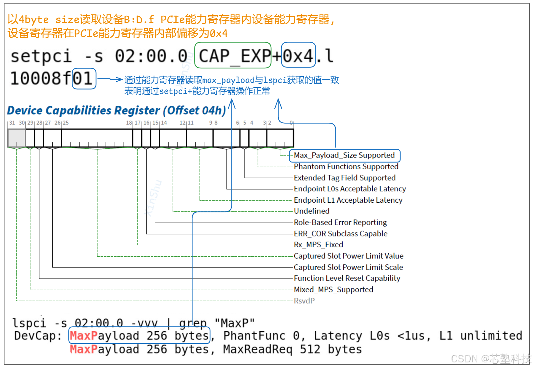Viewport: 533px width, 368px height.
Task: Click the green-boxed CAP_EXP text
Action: pos(233,56)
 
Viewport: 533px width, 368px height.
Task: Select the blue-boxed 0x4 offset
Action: pos(298,56)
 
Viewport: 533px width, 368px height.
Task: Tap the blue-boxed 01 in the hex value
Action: pos(84,79)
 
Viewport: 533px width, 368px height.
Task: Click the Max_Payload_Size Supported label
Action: pos(344,155)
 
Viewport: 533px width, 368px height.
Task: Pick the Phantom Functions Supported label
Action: pos(346,167)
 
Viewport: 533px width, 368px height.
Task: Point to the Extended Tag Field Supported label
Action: pos(344,178)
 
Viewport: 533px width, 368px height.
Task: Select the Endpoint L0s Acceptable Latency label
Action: pos(349,189)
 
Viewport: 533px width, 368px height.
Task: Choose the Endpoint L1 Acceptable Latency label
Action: pos(348,200)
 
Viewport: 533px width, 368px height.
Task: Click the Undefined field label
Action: pos(312,211)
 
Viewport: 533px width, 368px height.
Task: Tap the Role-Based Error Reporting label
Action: pos(340,222)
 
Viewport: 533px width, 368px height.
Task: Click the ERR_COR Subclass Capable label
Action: pos(340,234)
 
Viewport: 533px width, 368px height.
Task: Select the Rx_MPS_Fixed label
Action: pos(318,245)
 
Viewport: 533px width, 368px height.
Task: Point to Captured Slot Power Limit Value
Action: pos(348,256)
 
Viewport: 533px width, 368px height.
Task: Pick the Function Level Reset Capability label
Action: pos(347,278)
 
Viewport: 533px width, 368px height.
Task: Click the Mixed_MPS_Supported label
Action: pos(333,290)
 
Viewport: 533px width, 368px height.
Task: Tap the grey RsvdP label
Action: pos(304,301)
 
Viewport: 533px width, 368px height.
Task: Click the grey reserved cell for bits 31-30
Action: pos(17,138)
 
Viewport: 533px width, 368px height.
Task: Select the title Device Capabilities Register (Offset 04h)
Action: pos(116,110)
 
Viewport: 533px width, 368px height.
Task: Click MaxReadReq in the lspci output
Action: pos(257,349)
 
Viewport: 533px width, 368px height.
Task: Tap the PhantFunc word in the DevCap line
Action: pos(254,336)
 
